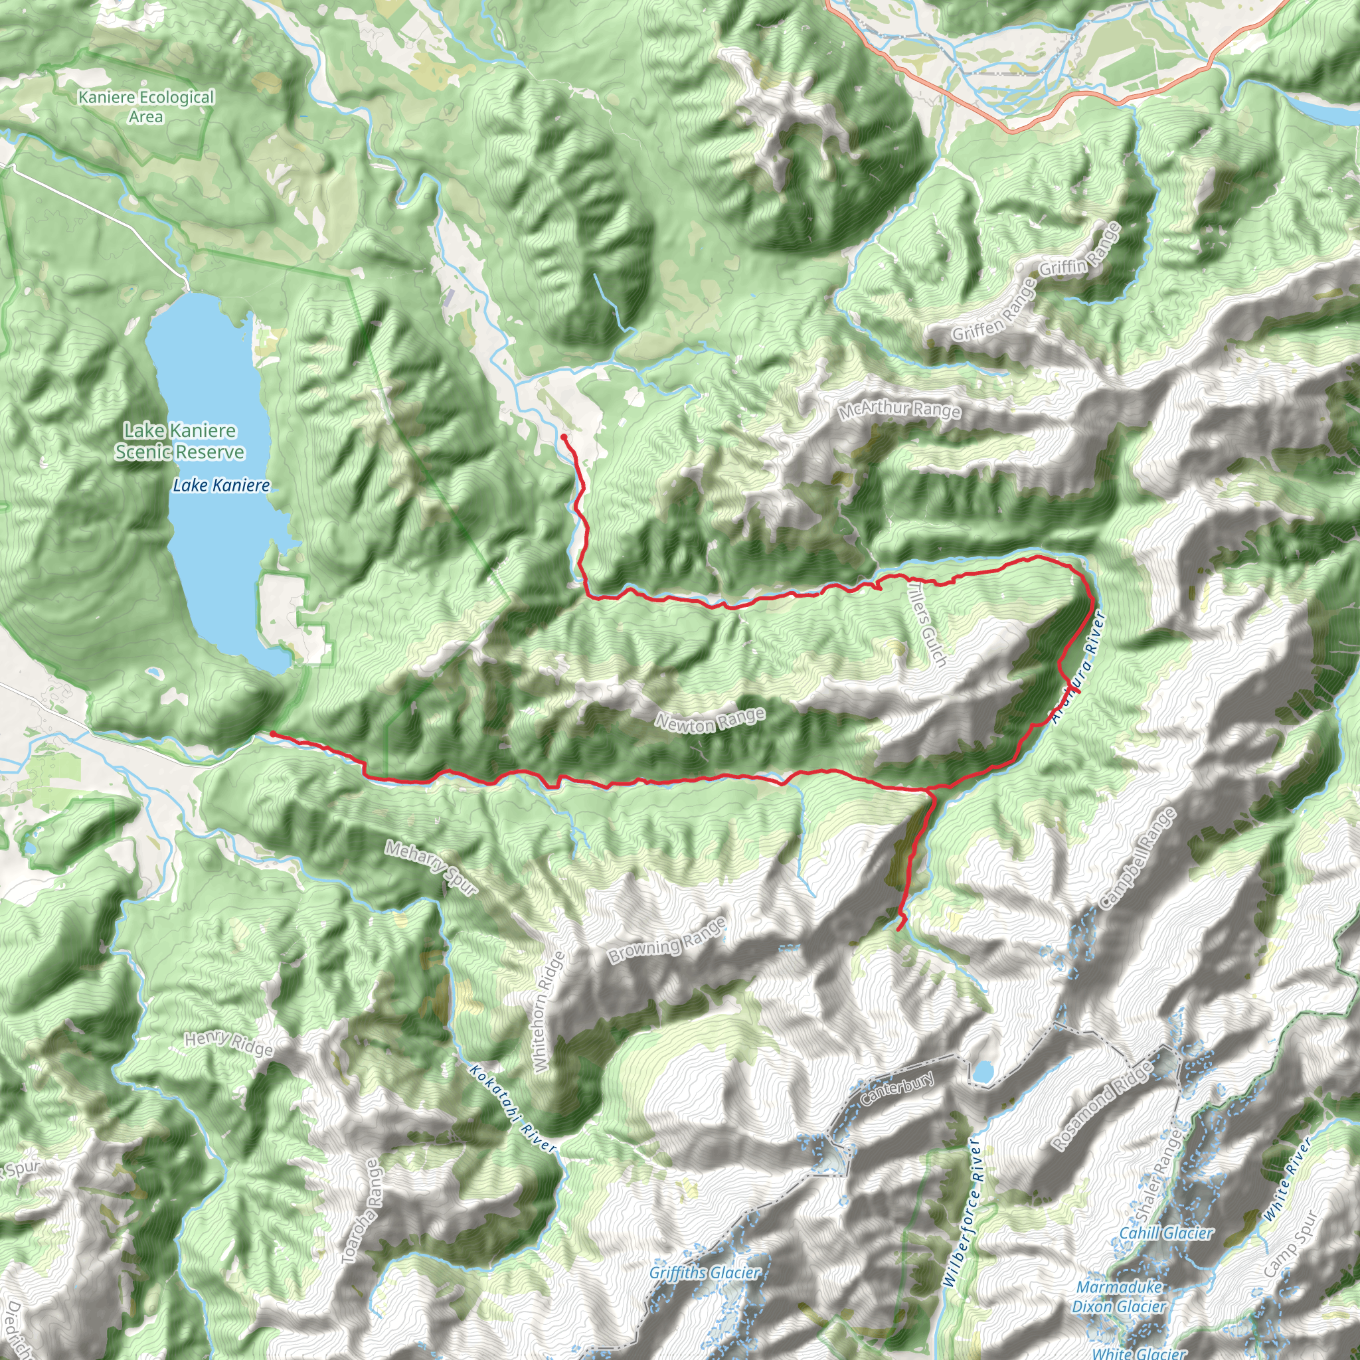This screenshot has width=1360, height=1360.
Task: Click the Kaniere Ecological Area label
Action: (145, 107)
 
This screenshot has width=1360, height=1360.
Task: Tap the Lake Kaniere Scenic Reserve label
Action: (180, 442)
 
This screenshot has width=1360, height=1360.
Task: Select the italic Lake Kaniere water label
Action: (221, 485)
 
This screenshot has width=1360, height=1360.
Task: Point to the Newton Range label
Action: (710, 721)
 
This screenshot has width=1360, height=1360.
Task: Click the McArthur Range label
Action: (899, 410)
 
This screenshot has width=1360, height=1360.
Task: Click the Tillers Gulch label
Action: (927, 623)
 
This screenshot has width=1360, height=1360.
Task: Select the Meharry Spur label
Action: (431, 868)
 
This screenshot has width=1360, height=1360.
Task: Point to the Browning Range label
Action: (667, 941)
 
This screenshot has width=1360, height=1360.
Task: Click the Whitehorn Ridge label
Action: (541, 1011)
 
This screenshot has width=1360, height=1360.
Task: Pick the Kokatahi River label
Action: (513, 1109)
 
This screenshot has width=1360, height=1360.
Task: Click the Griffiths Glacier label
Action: (705, 1273)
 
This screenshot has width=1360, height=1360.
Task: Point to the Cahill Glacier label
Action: (1165, 1233)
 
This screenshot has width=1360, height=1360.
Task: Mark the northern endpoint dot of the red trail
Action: (564, 437)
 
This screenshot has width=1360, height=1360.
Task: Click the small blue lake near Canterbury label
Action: (983, 1072)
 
